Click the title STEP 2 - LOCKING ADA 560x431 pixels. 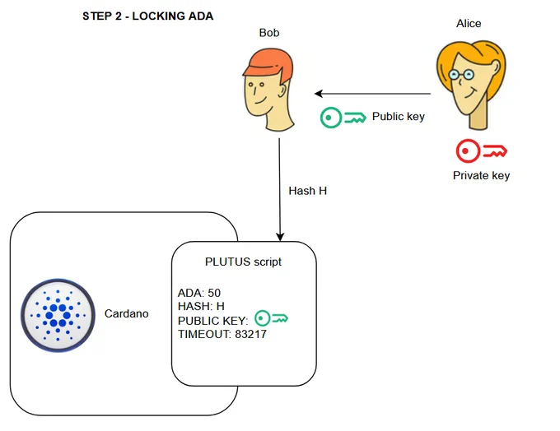pyautogui.click(x=148, y=16)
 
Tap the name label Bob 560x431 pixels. pyautogui.click(x=269, y=33)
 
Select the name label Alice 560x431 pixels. pyautogui.click(x=469, y=24)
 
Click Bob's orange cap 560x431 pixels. pyautogui.click(x=269, y=63)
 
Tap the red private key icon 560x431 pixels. pyautogui.click(x=482, y=151)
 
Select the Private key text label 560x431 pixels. pyautogui.click(x=481, y=175)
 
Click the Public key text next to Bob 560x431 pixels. pyautogui.click(x=399, y=116)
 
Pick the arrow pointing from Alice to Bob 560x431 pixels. pyautogui.click(x=372, y=94)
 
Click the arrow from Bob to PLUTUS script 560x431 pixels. pyautogui.click(x=280, y=190)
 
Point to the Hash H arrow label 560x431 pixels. pyautogui.click(x=307, y=191)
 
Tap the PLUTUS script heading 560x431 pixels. pyautogui.click(x=243, y=262)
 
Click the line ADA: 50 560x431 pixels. pyautogui.click(x=199, y=293)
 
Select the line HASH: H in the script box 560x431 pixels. pyautogui.click(x=201, y=306)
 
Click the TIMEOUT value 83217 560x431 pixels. pyautogui.click(x=250, y=334)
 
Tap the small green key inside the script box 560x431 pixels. pyautogui.click(x=271, y=318)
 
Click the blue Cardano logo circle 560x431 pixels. pyautogui.click(x=58, y=315)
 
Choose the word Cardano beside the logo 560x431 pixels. pyautogui.click(x=127, y=313)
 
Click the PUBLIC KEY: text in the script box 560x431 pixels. pyautogui.click(x=212, y=321)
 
